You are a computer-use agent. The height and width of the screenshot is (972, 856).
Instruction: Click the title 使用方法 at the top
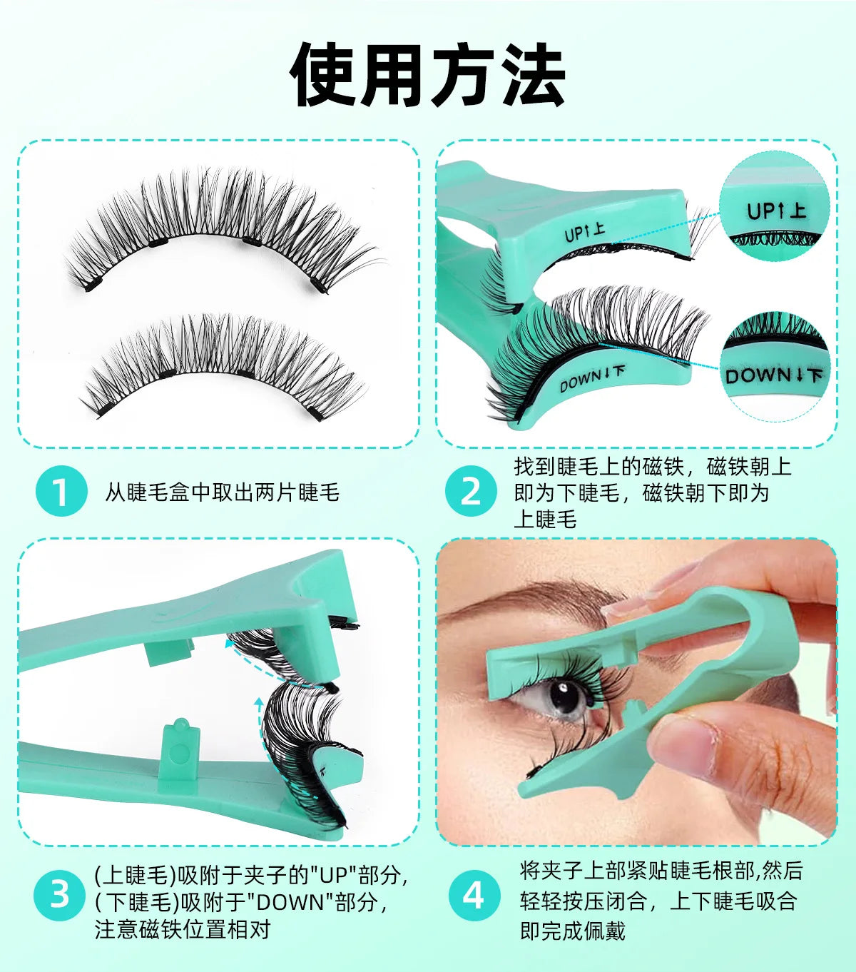(x=428, y=75)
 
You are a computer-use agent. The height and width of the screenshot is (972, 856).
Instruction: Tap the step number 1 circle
(x=61, y=491)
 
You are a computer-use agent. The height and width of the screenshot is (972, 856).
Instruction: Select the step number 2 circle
(x=471, y=491)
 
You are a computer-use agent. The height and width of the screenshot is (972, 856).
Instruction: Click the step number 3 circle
(x=60, y=894)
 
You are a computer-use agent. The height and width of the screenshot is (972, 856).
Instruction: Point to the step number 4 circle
(x=474, y=894)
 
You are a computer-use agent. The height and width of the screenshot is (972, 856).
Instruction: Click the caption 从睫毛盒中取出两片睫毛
(x=222, y=492)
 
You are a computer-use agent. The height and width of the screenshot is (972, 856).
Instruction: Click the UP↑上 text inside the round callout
(x=776, y=211)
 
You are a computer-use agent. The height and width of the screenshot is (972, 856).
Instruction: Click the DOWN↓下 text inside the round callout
(x=773, y=375)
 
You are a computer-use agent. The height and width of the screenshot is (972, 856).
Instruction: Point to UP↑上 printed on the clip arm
(x=584, y=232)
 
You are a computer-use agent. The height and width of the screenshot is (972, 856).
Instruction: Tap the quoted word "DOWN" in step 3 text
(x=290, y=902)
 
